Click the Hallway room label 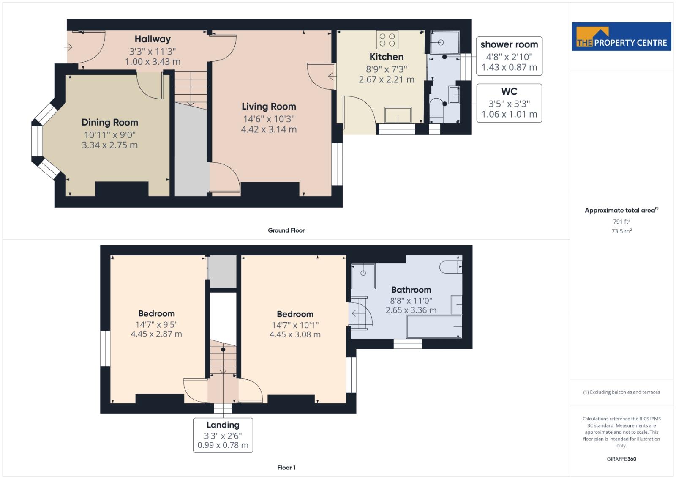tap(153, 39)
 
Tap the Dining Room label tap(110, 123)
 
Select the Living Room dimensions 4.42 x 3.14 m tap(269, 129)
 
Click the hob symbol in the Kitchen tap(387, 40)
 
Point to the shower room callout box tap(509, 56)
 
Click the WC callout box tap(509, 103)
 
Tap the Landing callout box tap(223, 435)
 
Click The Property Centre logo tap(621, 37)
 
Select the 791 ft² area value tap(621, 221)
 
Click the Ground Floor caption tap(286, 230)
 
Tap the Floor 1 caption tap(286, 467)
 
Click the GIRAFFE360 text tap(621, 459)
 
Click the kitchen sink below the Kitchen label tap(398, 115)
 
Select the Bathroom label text tap(411, 290)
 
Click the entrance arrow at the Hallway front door tap(68, 47)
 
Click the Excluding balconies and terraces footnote tap(621, 392)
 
